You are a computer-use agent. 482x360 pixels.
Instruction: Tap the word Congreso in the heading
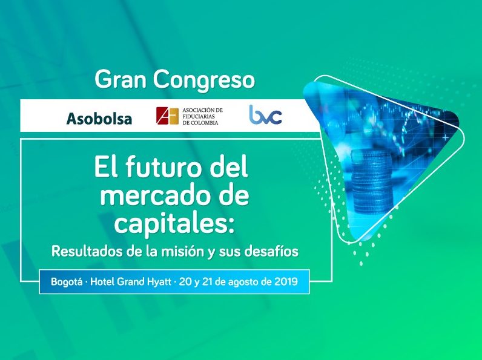coord(204,81)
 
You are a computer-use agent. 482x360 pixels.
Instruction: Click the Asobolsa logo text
coord(99,119)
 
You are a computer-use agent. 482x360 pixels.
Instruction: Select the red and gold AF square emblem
coord(167,116)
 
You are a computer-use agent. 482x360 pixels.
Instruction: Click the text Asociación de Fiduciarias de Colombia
coord(202,116)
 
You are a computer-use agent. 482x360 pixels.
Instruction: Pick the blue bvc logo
coord(265,114)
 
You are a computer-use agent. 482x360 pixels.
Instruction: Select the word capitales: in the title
coord(174,224)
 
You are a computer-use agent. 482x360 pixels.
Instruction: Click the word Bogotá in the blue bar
coord(67,282)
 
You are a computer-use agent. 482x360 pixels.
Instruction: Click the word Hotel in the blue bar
coord(103,281)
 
